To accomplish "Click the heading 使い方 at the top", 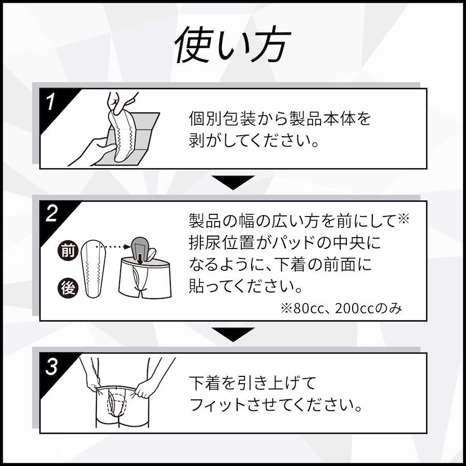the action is pos(232,45).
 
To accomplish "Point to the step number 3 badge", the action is pos(51,367).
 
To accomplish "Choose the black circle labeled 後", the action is pos(68,288).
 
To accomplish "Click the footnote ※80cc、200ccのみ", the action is pos(342,309).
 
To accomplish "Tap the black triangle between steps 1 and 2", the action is pos(233,182).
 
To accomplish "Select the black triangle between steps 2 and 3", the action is pos(233,334).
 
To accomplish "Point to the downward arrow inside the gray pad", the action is pos(140,258).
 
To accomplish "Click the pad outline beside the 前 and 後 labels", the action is pos(93,269).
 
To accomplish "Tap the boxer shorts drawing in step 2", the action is pos(145,278).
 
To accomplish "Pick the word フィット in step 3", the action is pos(217,405).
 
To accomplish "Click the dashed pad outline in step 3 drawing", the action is pos(116,404).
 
